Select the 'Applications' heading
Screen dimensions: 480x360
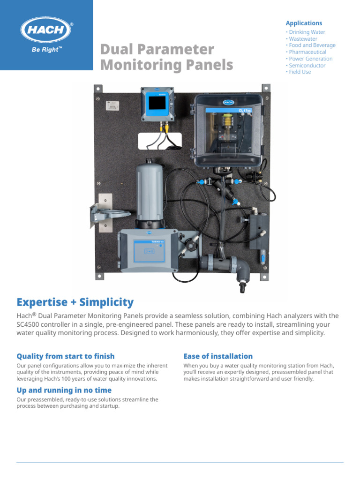click(x=304, y=23)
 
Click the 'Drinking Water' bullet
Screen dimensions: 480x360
click(x=307, y=32)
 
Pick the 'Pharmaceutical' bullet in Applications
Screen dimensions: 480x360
click(x=307, y=52)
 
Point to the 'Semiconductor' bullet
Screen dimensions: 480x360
click(x=307, y=66)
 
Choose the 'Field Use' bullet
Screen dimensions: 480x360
click(x=300, y=72)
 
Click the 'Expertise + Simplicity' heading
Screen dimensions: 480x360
click(x=75, y=302)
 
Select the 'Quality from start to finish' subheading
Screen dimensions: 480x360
click(x=66, y=356)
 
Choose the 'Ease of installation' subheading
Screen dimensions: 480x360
click(x=218, y=356)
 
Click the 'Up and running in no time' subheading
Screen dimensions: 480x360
click(x=64, y=390)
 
